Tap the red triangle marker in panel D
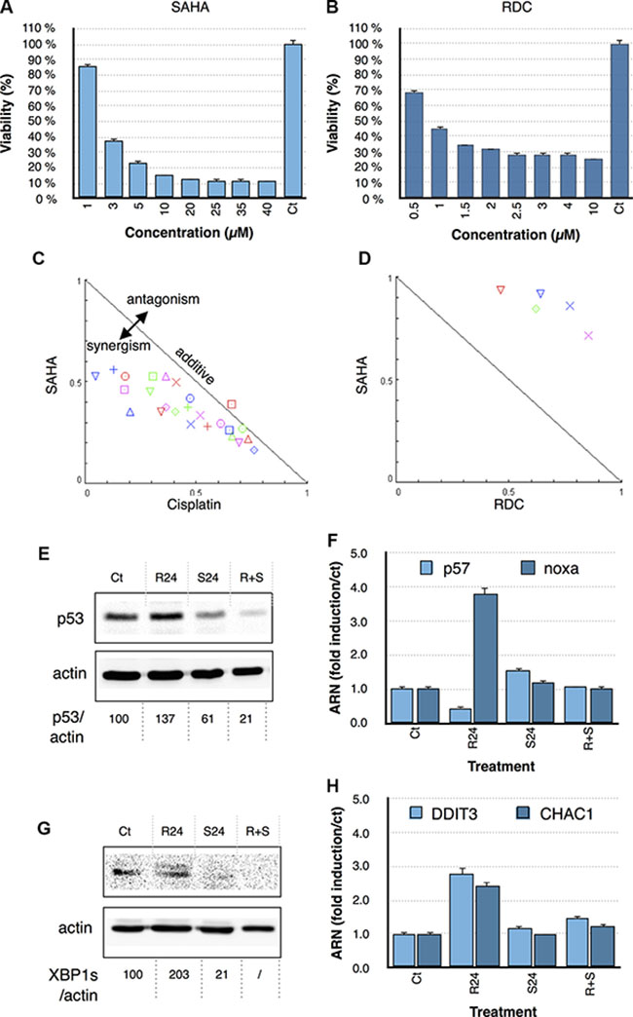tap(501, 289)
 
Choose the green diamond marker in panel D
tap(536, 309)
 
